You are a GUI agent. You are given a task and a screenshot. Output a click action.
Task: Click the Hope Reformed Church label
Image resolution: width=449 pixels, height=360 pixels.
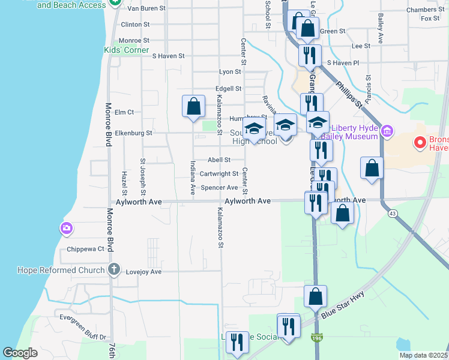click(61, 270)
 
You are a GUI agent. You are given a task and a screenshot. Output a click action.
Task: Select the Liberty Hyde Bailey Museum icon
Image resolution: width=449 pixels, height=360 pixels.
click(387, 131)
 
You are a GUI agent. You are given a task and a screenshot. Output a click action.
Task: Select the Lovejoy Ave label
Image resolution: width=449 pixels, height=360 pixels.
click(144, 272)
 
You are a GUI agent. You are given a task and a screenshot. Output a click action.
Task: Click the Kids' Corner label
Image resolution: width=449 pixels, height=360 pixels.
click(126, 50)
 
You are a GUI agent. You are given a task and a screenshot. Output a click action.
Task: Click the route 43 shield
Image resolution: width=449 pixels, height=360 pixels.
click(393, 213)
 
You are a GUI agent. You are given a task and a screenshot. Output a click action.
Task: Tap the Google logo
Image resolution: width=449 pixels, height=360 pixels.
click(20, 353)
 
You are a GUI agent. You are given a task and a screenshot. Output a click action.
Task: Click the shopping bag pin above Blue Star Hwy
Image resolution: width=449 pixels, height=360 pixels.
click(315, 296)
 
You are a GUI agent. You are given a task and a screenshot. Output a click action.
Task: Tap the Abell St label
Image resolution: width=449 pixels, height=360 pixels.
click(219, 160)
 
